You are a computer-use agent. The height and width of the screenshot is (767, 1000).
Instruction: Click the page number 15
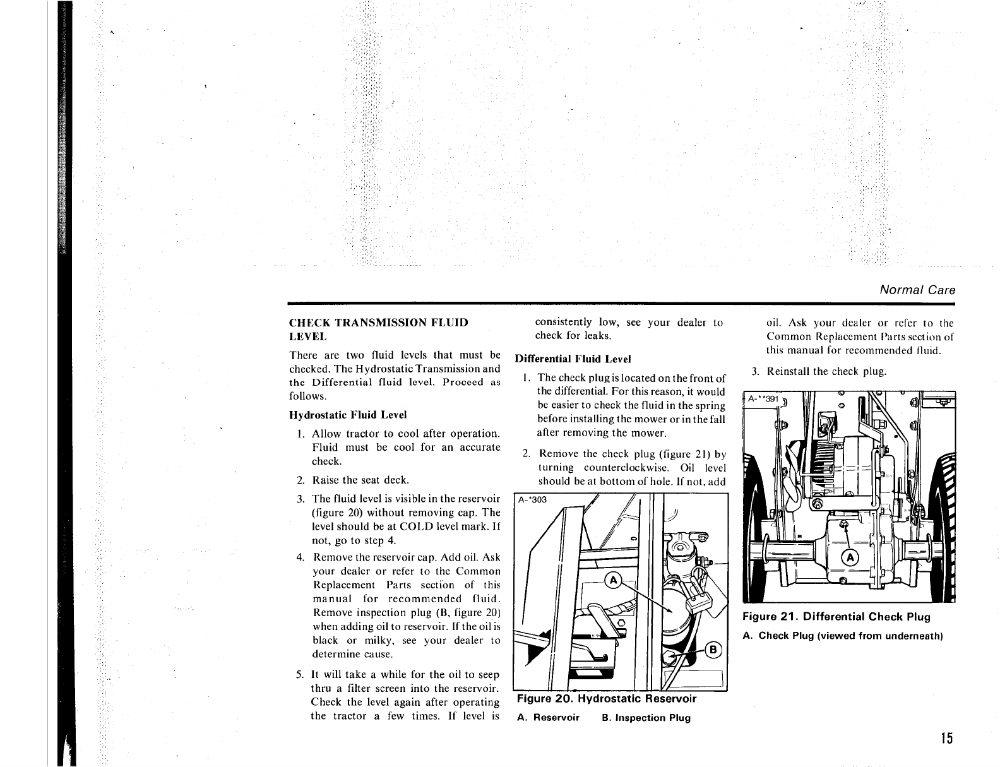(945, 739)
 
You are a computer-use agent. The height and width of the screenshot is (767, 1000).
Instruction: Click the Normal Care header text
(917, 290)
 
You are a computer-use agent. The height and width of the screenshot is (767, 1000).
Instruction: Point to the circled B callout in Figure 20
(714, 650)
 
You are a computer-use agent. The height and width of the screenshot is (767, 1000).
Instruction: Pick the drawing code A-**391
(763, 399)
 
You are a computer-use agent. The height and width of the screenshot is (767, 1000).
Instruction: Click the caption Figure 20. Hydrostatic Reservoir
(606, 699)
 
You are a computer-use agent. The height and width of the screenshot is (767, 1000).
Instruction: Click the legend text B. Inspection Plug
(646, 718)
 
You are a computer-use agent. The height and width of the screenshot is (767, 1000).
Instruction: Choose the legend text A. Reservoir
(548, 718)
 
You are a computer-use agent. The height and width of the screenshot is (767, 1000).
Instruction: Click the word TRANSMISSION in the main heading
(378, 323)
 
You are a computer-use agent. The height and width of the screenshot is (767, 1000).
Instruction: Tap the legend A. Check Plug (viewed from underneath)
(843, 636)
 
